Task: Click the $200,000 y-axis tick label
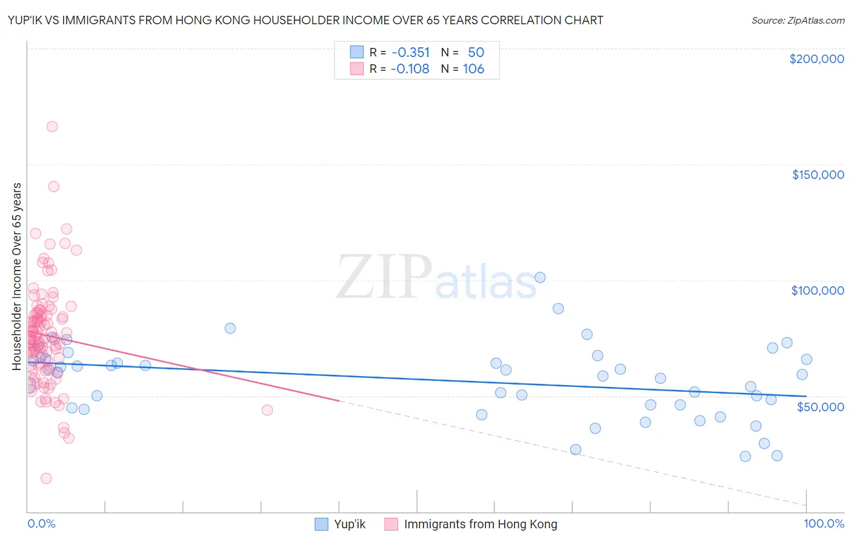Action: click(816, 59)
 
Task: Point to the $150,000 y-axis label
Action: click(817, 175)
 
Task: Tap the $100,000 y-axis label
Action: click(817, 291)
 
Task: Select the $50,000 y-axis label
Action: click(820, 406)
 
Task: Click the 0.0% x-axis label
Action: click(41, 524)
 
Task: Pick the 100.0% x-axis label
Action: click(824, 524)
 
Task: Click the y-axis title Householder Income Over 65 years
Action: click(17, 276)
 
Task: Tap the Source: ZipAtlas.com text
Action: click(797, 20)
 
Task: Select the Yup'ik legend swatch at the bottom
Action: click(322, 524)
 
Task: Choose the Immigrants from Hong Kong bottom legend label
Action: click(480, 524)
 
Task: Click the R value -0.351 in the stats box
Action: click(410, 53)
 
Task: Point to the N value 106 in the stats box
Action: click(473, 69)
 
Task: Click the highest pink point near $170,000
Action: click(52, 127)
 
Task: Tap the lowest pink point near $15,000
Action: click(46, 479)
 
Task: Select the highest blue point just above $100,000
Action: click(540, 278)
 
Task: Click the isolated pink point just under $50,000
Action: click(267, 410)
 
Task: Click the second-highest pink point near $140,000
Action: click(53, 186)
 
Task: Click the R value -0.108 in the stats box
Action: click(410, 69)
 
